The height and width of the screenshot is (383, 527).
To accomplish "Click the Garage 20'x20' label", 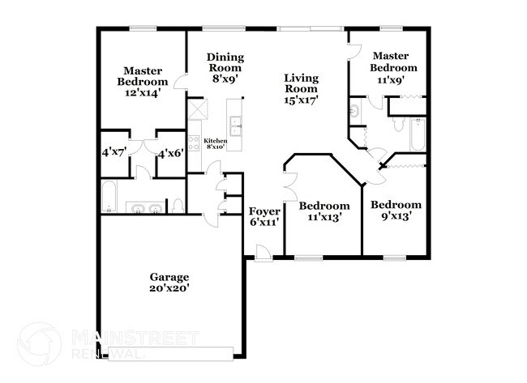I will tap(169, 282).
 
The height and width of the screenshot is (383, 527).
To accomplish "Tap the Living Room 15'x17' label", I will tap(300, 89).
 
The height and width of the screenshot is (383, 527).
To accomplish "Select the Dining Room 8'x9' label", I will tap(225, 68).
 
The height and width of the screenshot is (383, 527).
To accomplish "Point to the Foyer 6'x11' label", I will tap(264, 216).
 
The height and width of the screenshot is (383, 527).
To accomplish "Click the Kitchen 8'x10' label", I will tap(215, 143).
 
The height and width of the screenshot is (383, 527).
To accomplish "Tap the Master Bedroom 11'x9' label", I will tap(394, 67).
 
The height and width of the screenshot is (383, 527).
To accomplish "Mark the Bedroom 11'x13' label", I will tap(328, 211).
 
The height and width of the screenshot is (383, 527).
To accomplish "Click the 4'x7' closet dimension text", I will tap(114, 152).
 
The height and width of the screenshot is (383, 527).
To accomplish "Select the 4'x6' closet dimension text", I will tap(170, 152).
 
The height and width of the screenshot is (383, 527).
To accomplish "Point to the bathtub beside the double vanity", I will tap(109, 197).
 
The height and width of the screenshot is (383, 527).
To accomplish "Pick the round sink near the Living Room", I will tap(354, 111).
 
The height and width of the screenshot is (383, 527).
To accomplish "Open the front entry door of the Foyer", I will tap(262, 257).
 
